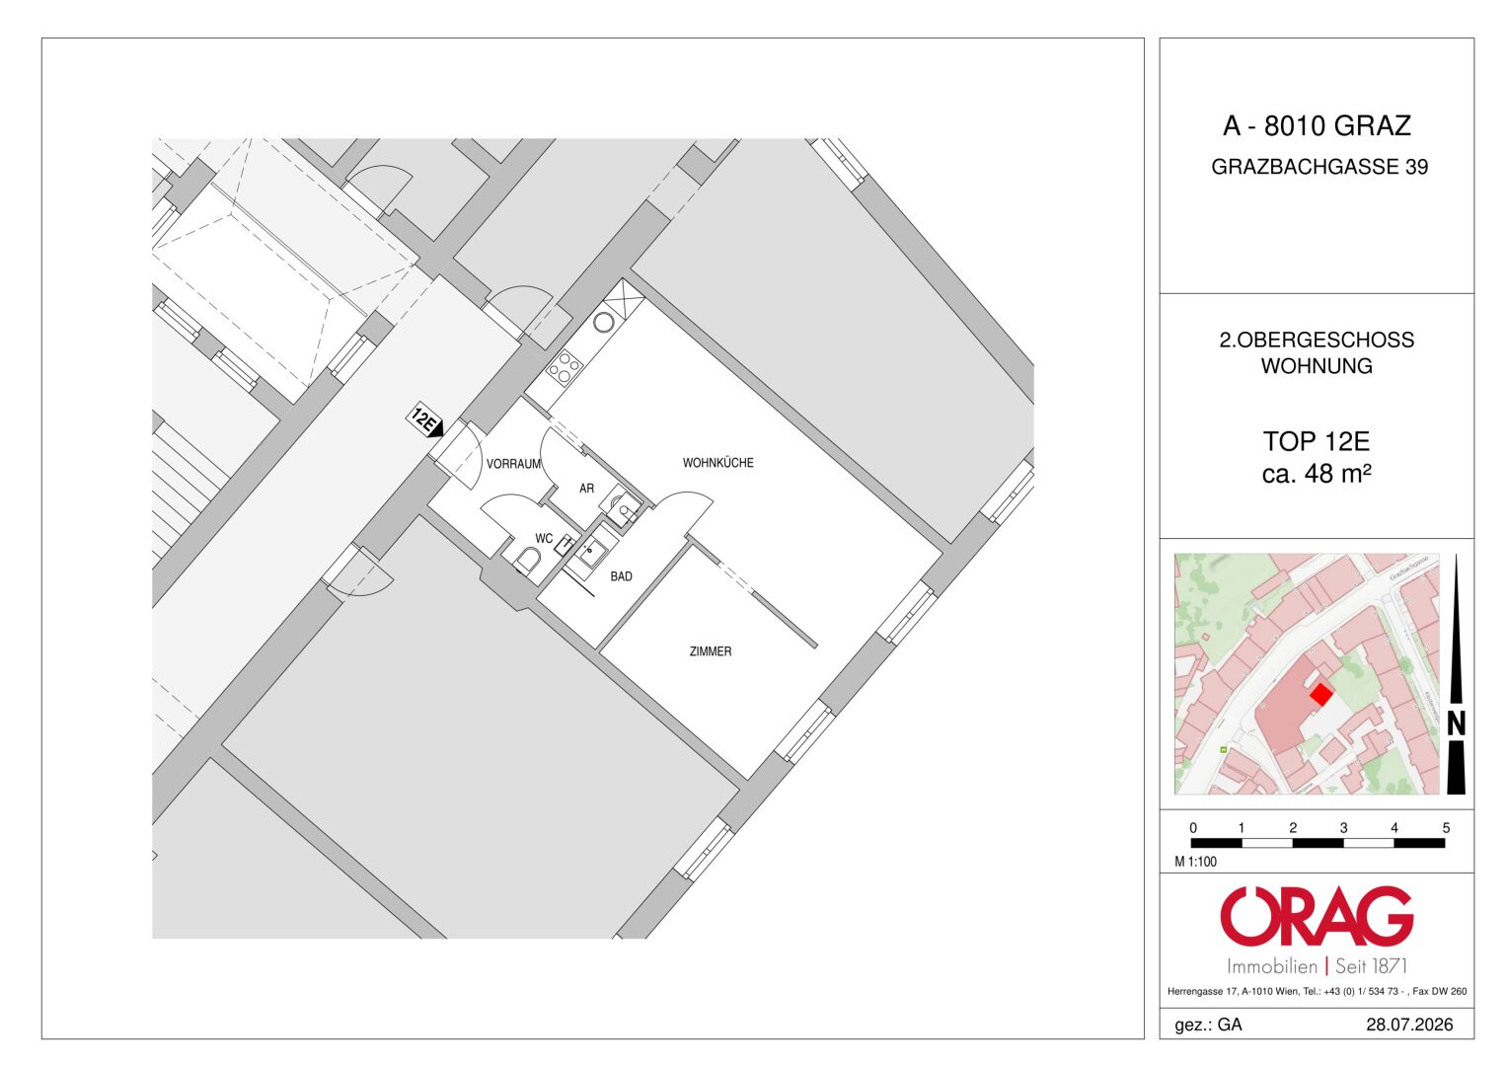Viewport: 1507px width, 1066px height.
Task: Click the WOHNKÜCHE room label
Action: pyautogui.click(x=717, y=463)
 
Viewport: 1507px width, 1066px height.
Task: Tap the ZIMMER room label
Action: pyautogui.click(x=711, y=651)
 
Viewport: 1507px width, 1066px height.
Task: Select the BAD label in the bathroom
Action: pyautogui.click(x=621, y=576)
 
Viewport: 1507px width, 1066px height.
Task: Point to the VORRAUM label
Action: pyautogui.click(x=514, y=464)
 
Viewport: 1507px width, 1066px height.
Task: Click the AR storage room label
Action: pyautogui.click(x=586, y=489)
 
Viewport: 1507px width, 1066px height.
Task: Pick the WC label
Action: pyautogui.click(x=544, y=538)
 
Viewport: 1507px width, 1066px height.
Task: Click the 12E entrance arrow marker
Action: pyautogui.click(x=425, y=422)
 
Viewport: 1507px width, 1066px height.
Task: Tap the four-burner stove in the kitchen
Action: pyautogui.click(x=565, y=367)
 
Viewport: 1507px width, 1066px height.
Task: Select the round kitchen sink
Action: pyautogui.click(x=603, y=323)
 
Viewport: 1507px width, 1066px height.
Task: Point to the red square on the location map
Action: pyautogui.click(x=1321, y=695)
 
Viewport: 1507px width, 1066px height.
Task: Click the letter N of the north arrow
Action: pyautogui.click(x=1456, y=723)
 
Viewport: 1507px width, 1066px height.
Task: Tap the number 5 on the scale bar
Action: pyautogui.click(x=1446, y=828)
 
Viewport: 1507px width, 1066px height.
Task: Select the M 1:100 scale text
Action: pyautogui.click(x=1195, y=862)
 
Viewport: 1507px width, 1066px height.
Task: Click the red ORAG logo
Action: pyautogui.click(x=1317, y=916)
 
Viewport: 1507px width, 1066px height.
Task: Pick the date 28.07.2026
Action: pyautogui.click(x=1409, y=1025)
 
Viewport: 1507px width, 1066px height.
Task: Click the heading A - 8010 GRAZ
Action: pyautogui.click(x=1317, y=126)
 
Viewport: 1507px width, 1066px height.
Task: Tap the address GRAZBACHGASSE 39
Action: pyautogui.click(x=1319, y=167)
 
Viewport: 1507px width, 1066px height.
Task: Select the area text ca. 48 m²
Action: pyautogui.click(x=1317, y=474)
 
